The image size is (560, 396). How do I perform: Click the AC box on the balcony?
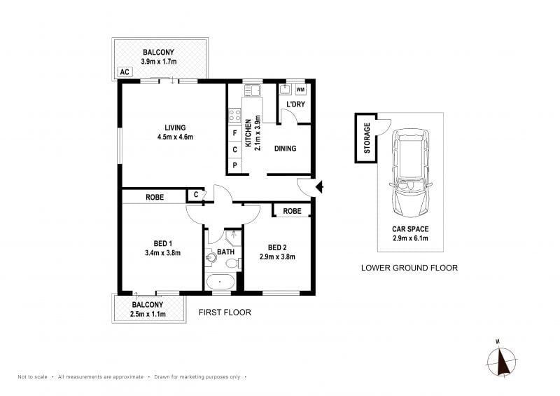125,72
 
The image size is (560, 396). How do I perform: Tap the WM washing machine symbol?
301,90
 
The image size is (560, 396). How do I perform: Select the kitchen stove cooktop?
234,116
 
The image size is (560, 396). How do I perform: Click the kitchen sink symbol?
252,90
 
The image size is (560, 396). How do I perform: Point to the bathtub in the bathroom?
220,282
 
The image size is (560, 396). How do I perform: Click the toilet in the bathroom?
234,264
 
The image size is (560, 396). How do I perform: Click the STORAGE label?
367,138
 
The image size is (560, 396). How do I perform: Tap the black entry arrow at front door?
320,186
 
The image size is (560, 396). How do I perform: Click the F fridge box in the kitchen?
234,133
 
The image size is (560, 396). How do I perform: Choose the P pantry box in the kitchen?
234,165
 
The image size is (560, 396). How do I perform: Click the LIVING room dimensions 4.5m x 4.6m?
175,137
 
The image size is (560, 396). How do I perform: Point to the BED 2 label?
277,247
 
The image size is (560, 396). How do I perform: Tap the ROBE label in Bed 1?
155,197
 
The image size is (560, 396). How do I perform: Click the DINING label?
285,149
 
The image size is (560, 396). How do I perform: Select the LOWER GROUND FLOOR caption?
409,268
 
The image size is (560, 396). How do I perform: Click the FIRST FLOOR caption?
225,313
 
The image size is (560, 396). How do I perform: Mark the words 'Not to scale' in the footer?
32,376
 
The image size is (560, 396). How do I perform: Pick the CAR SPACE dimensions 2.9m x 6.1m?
410,238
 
